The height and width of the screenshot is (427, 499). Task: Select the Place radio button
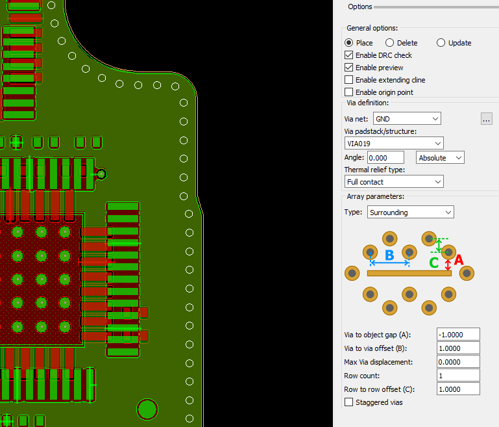[x=349, y=43]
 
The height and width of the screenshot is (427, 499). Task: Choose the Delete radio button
[x=389, y=43]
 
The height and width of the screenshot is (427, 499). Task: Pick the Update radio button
[x=441, y=43]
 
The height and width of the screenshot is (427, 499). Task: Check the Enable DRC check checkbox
[x=349, y=55]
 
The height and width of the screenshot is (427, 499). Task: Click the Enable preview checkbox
[x=349, y=68]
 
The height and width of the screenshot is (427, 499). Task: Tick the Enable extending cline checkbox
[x=349, y=80]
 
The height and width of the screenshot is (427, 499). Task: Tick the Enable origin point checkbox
[x=349, y=92]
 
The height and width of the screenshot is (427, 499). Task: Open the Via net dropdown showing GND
[x=407, y=119]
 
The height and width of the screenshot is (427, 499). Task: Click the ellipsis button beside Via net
[x=486, y=119]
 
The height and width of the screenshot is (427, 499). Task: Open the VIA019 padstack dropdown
[x=394, y=144]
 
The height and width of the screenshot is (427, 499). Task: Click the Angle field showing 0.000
[x=385, y=158]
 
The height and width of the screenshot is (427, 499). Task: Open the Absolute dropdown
[x=440, y=158]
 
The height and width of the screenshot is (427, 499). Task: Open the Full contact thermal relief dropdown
[x=394, y=181]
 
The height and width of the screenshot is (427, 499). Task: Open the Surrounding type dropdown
[x=411, y=213]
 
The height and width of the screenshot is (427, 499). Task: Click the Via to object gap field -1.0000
[x=458, y=335]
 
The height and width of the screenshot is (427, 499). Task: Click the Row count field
[x=458, y=376]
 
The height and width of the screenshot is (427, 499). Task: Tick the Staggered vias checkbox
[x=349, y=402]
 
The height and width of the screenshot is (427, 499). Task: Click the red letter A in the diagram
[x=459, y=260]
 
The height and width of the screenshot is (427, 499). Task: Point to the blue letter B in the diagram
[x=389, y=255]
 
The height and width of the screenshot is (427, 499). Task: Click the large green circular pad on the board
[x=147, y=409]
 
